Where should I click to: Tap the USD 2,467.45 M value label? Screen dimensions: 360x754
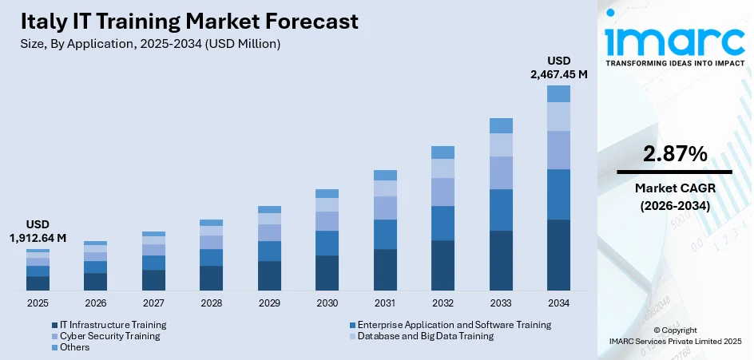[x=558, y=67]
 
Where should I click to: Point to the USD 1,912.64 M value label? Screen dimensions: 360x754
[x=38, y=231]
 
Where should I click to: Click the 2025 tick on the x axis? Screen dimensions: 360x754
[x=38, y=303]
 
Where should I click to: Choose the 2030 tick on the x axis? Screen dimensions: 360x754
[x=327, y=303]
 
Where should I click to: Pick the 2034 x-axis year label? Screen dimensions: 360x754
[x=558, y=303]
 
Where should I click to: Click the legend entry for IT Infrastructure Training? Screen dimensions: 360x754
[x=113, y=325]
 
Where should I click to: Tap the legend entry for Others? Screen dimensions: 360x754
[x=73, y=347]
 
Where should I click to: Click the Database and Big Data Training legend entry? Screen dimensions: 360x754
[x=425, y=336]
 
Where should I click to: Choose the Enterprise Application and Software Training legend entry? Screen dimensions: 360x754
[x=454, y=325]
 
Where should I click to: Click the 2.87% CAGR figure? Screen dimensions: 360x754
[x=674, y=154]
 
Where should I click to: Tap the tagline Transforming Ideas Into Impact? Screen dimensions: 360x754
[x=674, y=62]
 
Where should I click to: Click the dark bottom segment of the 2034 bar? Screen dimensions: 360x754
[x=558, y=255]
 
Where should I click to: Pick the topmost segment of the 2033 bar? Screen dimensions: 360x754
[x=501, y=125]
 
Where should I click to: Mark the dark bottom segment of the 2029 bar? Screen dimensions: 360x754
[x=269, y=275]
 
